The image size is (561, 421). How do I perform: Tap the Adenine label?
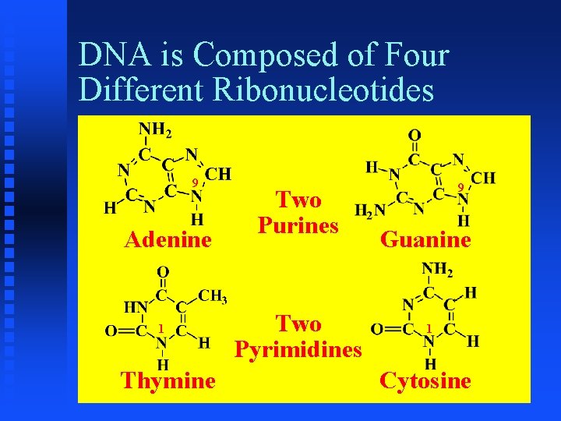click(x=168, y=239)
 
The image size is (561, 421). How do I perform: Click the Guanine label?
click(x=425, y=239)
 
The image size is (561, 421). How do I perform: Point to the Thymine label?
click(x=168, y=380)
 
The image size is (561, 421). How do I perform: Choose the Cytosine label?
click(x=425, y=380)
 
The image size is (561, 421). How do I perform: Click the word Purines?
click(x=298, y=225)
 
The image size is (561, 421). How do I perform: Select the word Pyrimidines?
click(x=298, y=348)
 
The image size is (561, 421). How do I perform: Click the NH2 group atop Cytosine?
click(x=438, y=270)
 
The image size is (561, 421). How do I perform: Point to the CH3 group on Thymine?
click(x=213, y=295)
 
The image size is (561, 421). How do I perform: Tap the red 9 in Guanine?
click(x=461, y=187)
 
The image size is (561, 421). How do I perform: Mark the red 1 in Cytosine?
click(x=429, y=327)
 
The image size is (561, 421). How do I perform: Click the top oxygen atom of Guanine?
click(x=415, y=136)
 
